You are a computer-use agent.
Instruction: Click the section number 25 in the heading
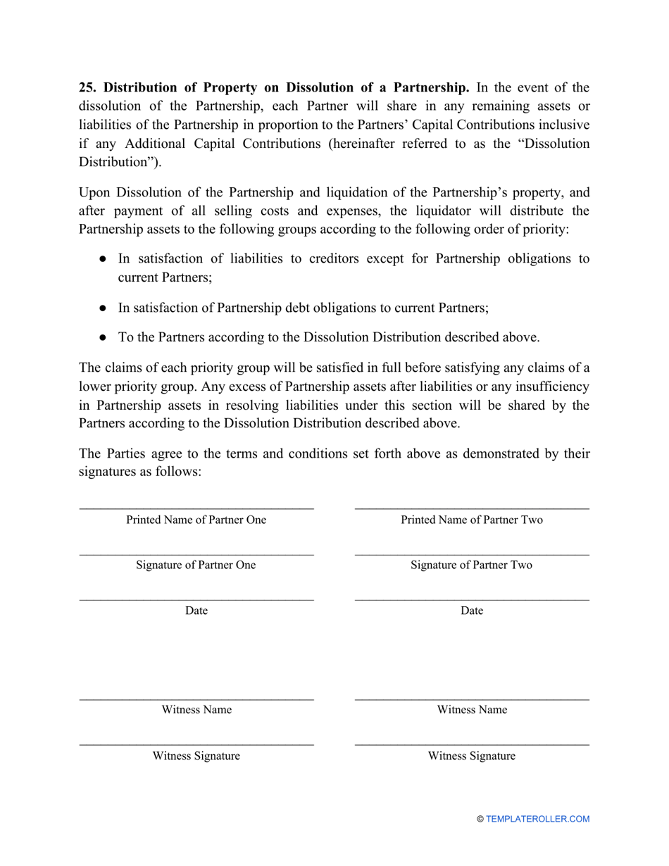(87, 88)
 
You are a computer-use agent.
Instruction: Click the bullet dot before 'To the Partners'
(103, 338)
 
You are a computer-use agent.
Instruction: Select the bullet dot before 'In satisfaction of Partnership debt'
(103, 308)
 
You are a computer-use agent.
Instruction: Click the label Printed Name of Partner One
(196, 520)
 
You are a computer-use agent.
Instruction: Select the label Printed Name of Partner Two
(472, 520)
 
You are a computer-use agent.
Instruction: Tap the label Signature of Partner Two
(472, 565)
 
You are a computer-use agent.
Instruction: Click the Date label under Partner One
(196, 610)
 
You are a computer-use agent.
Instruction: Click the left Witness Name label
(196, 710)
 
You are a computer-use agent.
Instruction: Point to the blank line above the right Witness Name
(472, 699)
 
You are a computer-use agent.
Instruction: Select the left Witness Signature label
(196, 756)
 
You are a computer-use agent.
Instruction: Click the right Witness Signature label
(472, 756)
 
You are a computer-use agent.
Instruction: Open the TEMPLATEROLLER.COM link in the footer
(537, 819)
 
